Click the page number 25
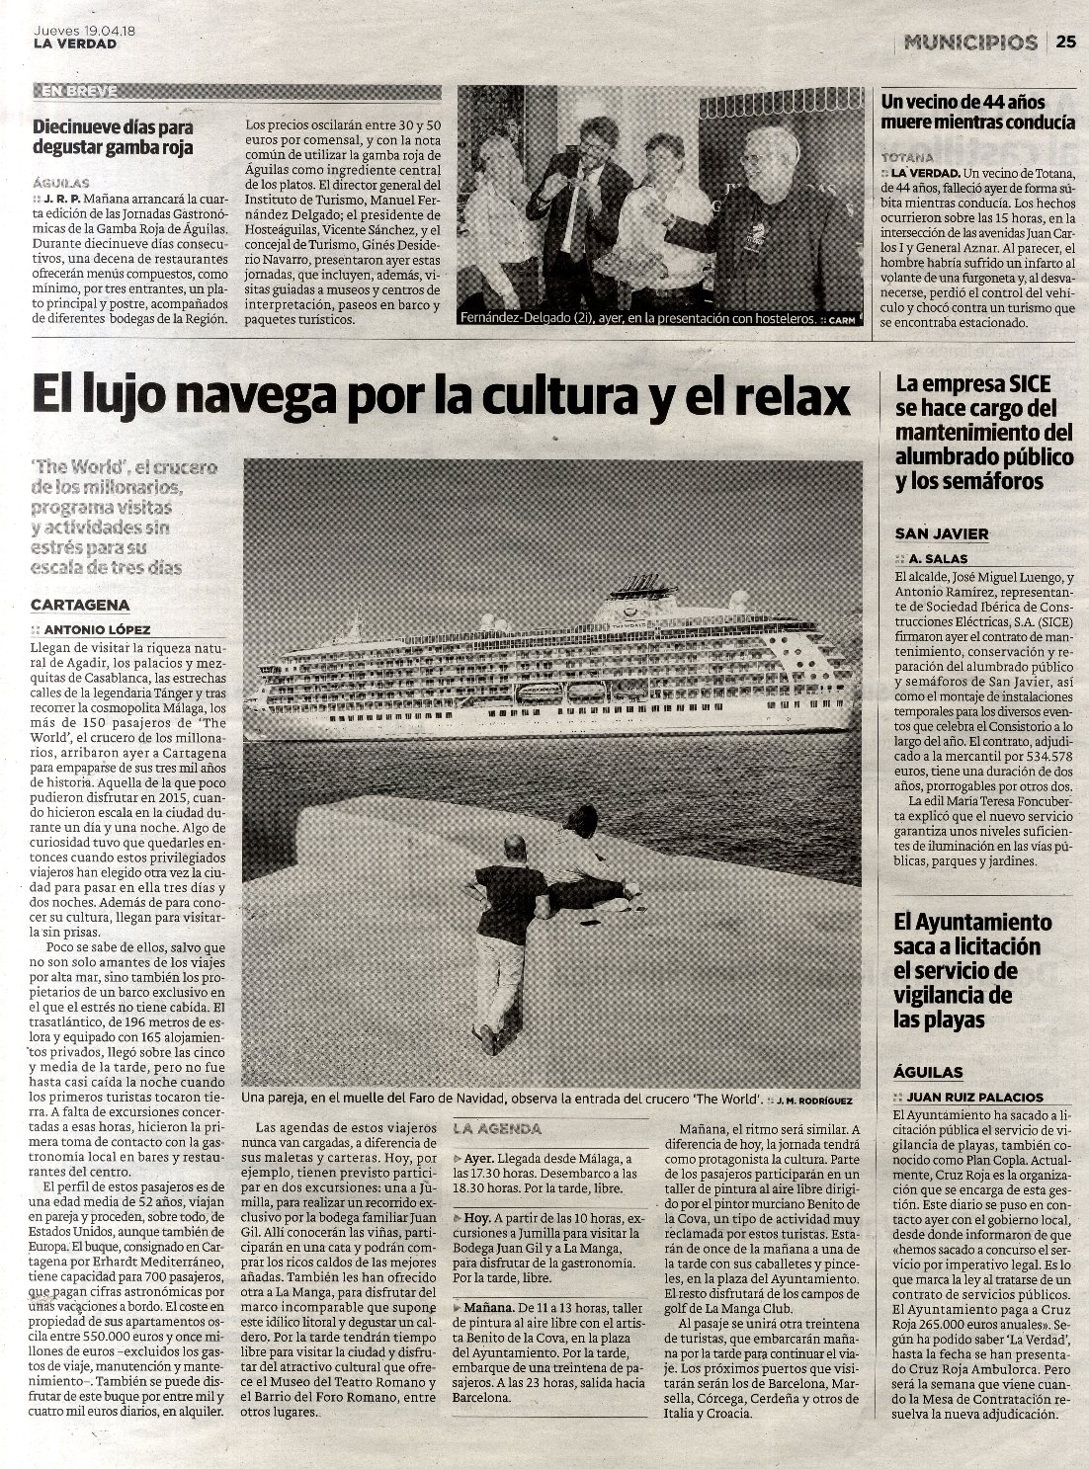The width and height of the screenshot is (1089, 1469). click(1065, 41)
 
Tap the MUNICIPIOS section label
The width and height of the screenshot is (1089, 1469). click(969, 42)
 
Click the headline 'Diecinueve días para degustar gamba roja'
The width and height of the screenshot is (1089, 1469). click(113, 137)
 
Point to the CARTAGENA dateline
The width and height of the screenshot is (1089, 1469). click(80, 605)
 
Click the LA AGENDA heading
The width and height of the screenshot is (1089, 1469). click(497, 1128)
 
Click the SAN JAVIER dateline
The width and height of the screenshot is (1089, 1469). click(941, 533)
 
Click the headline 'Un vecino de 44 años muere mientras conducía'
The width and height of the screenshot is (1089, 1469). click(977, 112)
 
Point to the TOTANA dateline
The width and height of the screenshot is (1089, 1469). click(906, 157)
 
